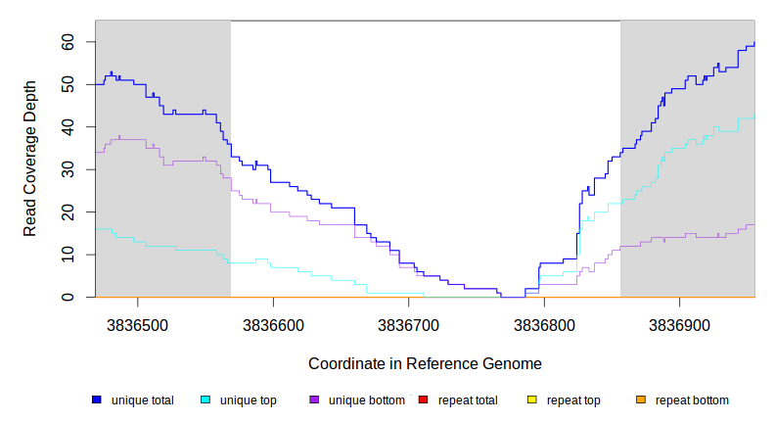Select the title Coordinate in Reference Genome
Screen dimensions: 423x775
point(425,363)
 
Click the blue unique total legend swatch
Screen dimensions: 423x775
point(97,399)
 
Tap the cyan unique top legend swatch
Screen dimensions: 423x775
point(205,399)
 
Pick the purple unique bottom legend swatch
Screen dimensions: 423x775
point(314,399)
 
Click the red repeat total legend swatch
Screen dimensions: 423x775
point(423,399)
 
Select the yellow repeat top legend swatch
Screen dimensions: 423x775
point(531,399)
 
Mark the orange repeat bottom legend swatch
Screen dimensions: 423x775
point(640,399)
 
